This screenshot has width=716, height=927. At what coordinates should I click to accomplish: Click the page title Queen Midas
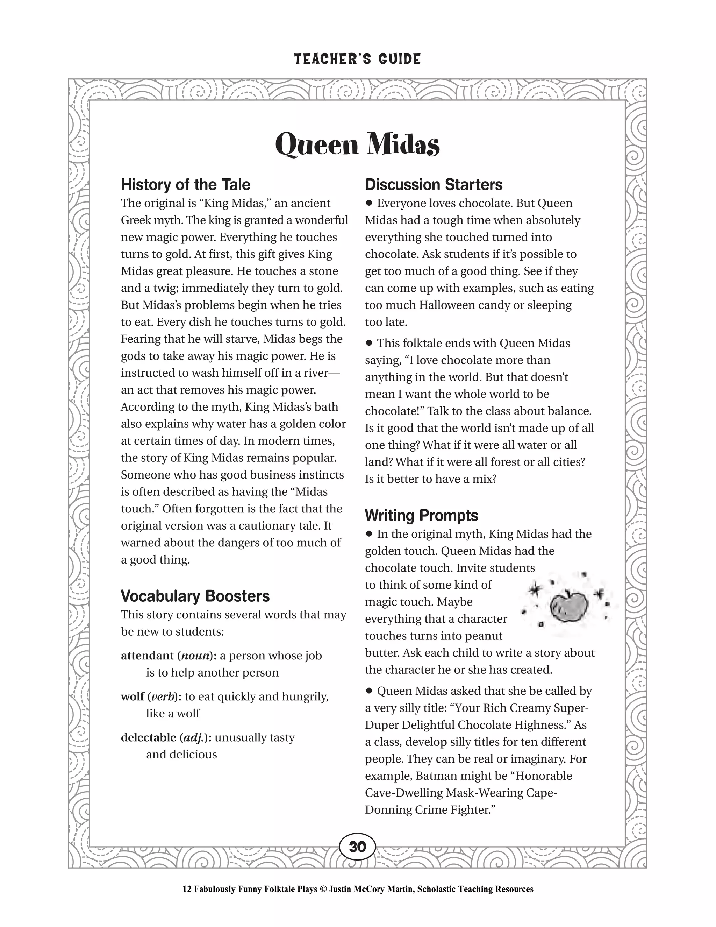[x=357, y=144]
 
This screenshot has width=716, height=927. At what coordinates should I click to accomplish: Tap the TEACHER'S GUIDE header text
[x=357, y=59]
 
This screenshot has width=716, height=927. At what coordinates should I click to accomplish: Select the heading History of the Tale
[x=185, y=185]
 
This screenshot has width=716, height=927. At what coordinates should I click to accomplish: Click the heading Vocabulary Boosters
[x=195, y=596]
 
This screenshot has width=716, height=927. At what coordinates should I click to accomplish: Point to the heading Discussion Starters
[x=434, y=185]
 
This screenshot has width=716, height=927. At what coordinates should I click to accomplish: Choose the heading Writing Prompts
[x=421, y=515]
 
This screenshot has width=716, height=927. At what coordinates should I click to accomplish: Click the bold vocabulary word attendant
[x=147, y=656]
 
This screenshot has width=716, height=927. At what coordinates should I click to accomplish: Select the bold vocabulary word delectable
[x=149, y=738]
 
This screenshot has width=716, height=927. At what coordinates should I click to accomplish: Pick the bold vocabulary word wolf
[x=133, y=696]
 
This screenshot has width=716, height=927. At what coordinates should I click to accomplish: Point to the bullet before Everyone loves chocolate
[x=368, y=203]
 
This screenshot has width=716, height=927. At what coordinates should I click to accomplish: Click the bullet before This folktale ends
[x=368, y=343]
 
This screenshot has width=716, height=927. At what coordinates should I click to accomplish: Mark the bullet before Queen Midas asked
[x=368, y=691]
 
